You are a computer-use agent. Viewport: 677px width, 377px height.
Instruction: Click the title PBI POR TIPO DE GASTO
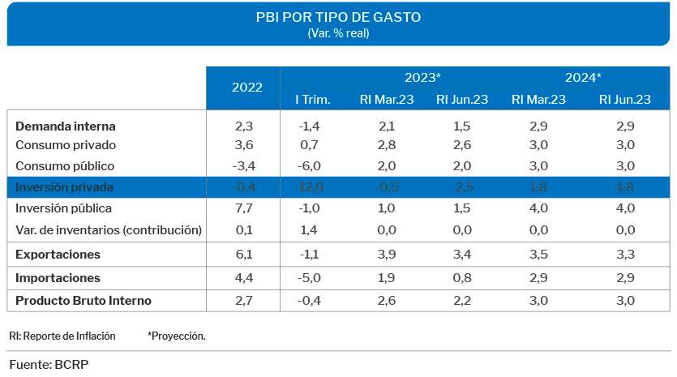click(x=338, y=17)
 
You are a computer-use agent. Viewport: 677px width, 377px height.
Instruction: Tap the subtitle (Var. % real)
click(x=338, y=33)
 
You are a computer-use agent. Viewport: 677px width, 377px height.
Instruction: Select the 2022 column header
click(x=246, y=88)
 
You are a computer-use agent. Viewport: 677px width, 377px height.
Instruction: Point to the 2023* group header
click(x=422, y=78)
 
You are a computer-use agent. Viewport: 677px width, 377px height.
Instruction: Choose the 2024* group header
click(x=583, y=78)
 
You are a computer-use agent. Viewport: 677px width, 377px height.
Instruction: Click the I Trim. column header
click(x=312, y=100)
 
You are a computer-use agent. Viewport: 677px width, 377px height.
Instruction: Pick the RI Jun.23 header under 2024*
click(x=624, y=100)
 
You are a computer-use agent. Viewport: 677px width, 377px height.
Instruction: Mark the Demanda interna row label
click(x=66, y=126)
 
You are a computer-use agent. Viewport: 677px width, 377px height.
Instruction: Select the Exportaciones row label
click(x=58, y=255)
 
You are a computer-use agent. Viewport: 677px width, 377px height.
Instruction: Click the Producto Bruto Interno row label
click(x=84, y=301)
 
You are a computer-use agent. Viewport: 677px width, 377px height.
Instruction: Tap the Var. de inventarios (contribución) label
click(x=109, y=229)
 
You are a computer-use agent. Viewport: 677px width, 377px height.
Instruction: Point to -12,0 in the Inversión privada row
click(x=311, y=187)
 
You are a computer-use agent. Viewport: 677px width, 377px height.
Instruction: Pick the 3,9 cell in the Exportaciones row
click(x=386, y=255)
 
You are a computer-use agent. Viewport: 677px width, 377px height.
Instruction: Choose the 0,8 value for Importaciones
click(x=462, y=278)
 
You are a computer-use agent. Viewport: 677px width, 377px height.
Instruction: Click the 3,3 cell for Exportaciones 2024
click(x=624, y=255)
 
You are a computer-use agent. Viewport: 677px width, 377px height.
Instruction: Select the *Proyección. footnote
click(x=176, y=336)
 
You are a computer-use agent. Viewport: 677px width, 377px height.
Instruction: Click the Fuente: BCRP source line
click(x=49, y=364)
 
